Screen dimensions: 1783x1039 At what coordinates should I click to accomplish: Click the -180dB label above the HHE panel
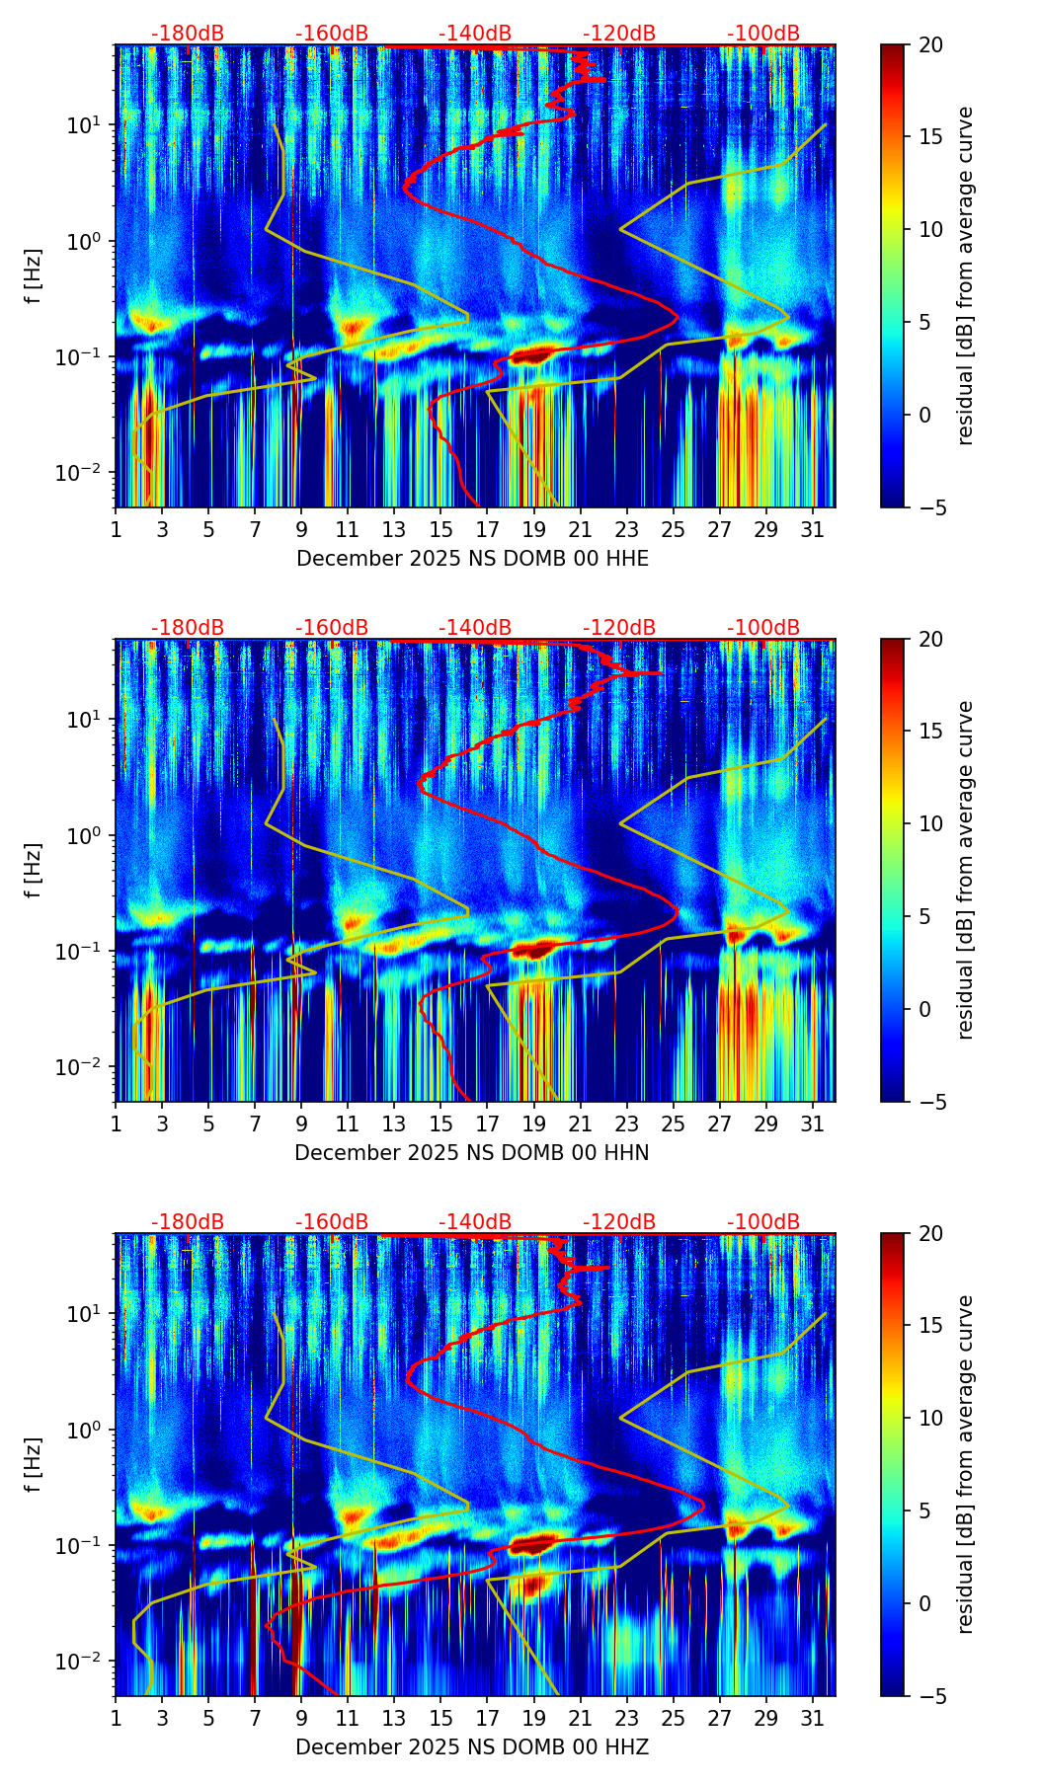[188, 34]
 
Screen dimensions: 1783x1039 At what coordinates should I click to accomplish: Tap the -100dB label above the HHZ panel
[763, 1222]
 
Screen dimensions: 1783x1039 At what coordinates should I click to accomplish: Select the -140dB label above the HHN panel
[475, 628]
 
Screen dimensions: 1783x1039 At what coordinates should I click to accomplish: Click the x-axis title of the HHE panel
[472, 559]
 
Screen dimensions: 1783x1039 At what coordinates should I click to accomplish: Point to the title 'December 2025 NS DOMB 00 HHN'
[472, 1153]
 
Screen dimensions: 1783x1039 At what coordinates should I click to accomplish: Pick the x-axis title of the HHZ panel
[472, 1747]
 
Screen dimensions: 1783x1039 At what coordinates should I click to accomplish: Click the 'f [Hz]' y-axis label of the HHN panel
[35, 870]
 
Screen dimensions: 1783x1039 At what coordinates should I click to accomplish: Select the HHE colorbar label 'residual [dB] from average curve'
[965, 275]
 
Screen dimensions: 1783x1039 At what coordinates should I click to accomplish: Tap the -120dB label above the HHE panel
[619, 34]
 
